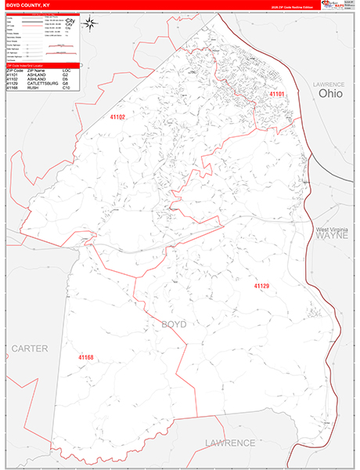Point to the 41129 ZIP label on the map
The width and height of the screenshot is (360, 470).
point(261,286)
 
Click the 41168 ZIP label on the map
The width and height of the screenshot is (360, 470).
point(85,357)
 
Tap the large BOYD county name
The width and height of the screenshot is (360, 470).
point(174,324)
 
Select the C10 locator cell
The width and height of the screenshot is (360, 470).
point(67,88)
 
